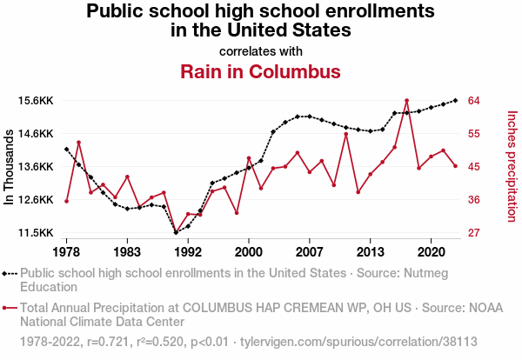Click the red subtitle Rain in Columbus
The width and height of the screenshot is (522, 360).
pyautogui.click(x=260, y=71)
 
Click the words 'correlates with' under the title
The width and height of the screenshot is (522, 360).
pyautogui.click(x=260, y=51)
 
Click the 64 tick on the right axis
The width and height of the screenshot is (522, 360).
pyautogui.click(x=475, y=101)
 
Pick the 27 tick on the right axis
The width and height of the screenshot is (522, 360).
pyautogui.click(x=475, y=233)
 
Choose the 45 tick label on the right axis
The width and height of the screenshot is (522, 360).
pyautogui.click(x=475, y=167)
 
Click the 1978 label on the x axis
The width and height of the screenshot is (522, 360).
pyautogui.click(x=66, y=251)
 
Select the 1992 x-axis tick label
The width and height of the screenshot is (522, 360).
pyautogui.click(x=188, y=251)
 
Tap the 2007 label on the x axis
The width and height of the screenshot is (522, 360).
pyautogui.click(x=310, y=251)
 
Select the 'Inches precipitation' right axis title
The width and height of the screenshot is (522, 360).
pyautogui.click(x=511, y=165)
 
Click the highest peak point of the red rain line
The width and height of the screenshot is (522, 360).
pyautogui.click(x=406, y=101)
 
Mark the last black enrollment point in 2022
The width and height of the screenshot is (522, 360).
pyautogui.click(x=455, y=100)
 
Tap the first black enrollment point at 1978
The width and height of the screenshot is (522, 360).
pyautogui.click(x=66, y=149)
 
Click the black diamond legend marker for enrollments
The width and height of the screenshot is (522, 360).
pyautogui.click(x=10, y=273)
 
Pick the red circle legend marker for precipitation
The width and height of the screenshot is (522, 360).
pyautogui.click(x=10, y=308)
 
